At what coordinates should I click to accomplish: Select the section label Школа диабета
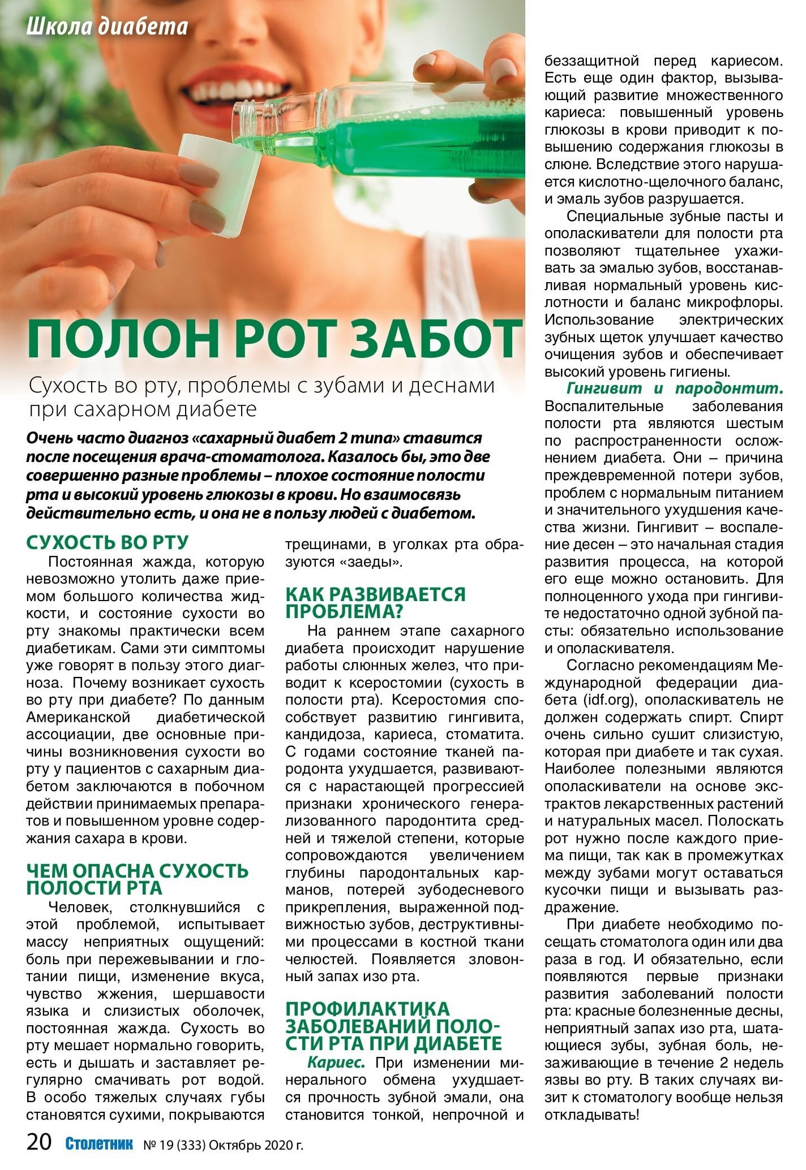point(107,27)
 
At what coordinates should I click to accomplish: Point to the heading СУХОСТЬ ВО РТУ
point(108,542)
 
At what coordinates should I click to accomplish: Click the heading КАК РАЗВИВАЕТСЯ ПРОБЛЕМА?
point(375,603)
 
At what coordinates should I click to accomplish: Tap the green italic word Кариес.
point(336,1063)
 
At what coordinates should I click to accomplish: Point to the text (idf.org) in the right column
point(608,700)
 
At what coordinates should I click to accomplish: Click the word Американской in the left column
point(78,717)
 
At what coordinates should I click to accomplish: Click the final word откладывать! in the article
point(592,1115)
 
